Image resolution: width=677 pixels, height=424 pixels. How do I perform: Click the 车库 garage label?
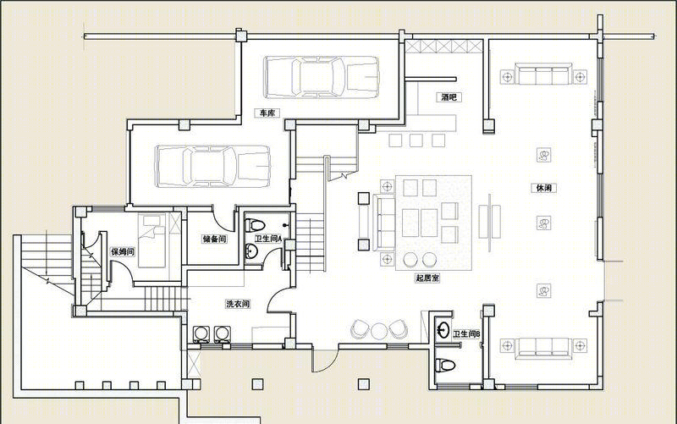(x=267, y=113)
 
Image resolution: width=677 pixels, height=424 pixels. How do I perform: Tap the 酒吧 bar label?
(x=449, y=97)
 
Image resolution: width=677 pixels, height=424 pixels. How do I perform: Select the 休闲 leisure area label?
(x=543, y=188)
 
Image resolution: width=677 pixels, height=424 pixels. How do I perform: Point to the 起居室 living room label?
(x=427, y=278)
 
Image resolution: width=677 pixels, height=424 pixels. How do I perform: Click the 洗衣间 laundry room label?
(x=238, y=304)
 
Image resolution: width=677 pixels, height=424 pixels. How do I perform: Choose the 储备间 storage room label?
(x=215, y=239)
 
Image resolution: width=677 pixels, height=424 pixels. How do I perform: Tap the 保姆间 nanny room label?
(x=123, y=251)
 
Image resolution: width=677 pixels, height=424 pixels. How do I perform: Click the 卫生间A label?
(x=268, y=239)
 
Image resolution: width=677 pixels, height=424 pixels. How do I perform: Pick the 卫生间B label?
(x=466, y=333)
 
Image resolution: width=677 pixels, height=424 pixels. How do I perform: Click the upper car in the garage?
(x=322, y=77)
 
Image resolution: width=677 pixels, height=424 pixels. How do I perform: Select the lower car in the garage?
(x=213, y=166)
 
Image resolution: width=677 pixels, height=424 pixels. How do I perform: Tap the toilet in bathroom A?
(x=255, y=225)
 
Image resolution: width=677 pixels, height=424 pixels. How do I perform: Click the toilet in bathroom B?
(x=445, y=365)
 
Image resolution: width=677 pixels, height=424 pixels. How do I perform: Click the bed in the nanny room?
(x=152, y=240)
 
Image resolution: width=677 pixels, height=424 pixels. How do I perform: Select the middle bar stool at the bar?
(x=416, y=140)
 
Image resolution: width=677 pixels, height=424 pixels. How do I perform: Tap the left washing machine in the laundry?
(x=200, y=334)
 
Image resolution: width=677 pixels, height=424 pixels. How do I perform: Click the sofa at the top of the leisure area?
(x=544, y=74)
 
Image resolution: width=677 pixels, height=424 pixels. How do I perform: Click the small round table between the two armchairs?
(x=379, y=331)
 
